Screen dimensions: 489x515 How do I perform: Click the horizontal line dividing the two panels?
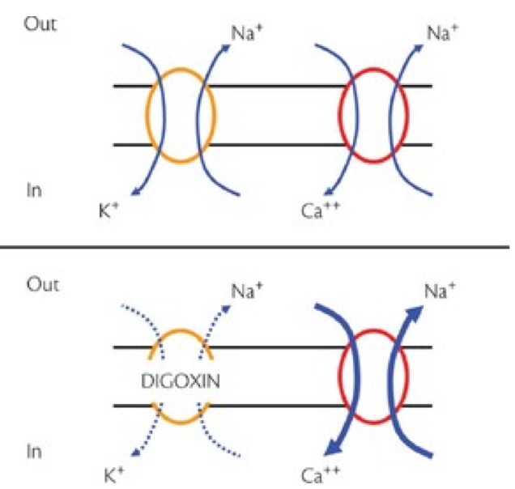click(257, 245)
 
